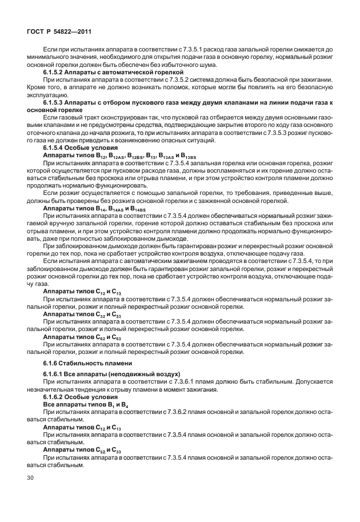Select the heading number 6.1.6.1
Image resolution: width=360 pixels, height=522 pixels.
click(57, 373)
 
